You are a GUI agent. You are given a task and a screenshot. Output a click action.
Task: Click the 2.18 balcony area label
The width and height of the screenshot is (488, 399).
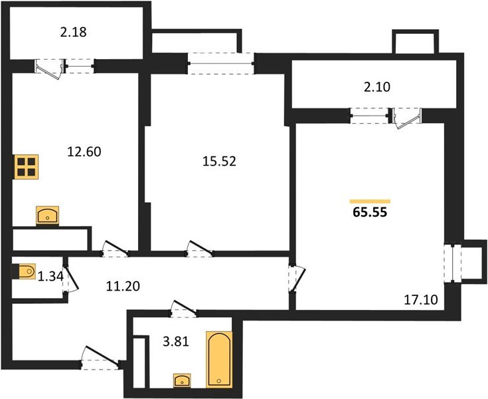(x=74, y=32)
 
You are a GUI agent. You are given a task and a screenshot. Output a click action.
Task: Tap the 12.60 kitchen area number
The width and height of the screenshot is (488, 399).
(x=84, y=152)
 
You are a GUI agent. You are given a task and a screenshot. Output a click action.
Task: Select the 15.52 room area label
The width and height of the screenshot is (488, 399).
(x=219, y=162)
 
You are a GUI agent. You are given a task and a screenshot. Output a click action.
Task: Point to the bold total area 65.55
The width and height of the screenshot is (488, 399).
(x=370, y=212)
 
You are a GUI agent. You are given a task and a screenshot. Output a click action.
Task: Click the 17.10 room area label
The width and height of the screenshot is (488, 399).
(x=421, y=300)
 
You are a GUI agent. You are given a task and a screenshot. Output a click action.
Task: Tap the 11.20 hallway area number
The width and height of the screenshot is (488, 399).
(x=123, y=286)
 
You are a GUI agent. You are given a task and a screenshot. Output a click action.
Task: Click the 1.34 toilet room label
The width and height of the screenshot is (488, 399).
(x=50, y=276)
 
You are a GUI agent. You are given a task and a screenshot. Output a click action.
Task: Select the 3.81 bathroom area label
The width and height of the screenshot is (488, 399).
(x=176, y=342)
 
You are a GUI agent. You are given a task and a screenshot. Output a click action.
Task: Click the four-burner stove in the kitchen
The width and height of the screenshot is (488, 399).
(x=27, y=167)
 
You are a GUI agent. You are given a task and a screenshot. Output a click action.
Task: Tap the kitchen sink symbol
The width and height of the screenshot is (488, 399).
(x=47, y=215)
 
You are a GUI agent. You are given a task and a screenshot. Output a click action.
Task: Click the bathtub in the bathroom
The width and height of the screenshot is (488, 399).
(x=219, y=360)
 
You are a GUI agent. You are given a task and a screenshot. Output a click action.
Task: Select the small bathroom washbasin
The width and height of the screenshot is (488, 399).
(x=182, y=380)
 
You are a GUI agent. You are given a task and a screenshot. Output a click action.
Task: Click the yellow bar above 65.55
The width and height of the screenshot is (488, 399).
(x=370, y=201)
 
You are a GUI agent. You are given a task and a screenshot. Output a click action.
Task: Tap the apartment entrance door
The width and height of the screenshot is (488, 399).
(x=100, y=358)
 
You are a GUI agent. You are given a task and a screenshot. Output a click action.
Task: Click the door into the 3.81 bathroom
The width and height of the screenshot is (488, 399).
(x=184, y=309)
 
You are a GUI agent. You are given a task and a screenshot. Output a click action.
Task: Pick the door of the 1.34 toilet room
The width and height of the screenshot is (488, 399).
(x=70, y=277)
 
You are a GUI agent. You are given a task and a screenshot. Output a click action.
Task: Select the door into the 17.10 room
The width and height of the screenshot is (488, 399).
(x=297, y=278)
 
